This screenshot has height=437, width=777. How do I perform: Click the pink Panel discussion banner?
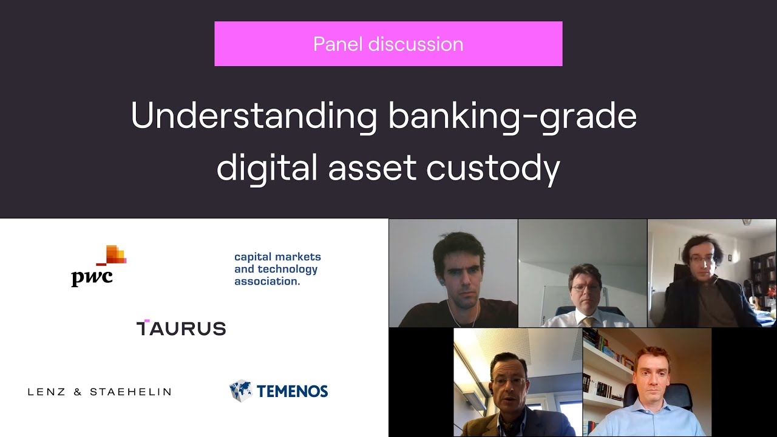click(388, 44)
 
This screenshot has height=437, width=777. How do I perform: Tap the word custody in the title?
click(493, 168)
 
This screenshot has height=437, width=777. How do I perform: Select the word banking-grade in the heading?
click(512, 115)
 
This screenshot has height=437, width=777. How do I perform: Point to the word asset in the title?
click(372, 168)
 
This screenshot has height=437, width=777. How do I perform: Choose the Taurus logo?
click(181, 328)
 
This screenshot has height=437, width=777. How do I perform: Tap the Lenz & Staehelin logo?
click(100, 392)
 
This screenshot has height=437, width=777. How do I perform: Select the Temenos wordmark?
click(292, 391)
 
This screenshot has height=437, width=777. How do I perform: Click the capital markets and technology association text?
click(277, 269)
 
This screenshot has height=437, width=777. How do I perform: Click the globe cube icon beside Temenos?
click(240, 391)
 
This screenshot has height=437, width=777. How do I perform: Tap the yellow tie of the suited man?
click(588, 320)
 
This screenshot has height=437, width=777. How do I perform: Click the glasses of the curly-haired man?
click(702, 259)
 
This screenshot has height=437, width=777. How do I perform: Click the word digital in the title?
click(267, 168)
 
